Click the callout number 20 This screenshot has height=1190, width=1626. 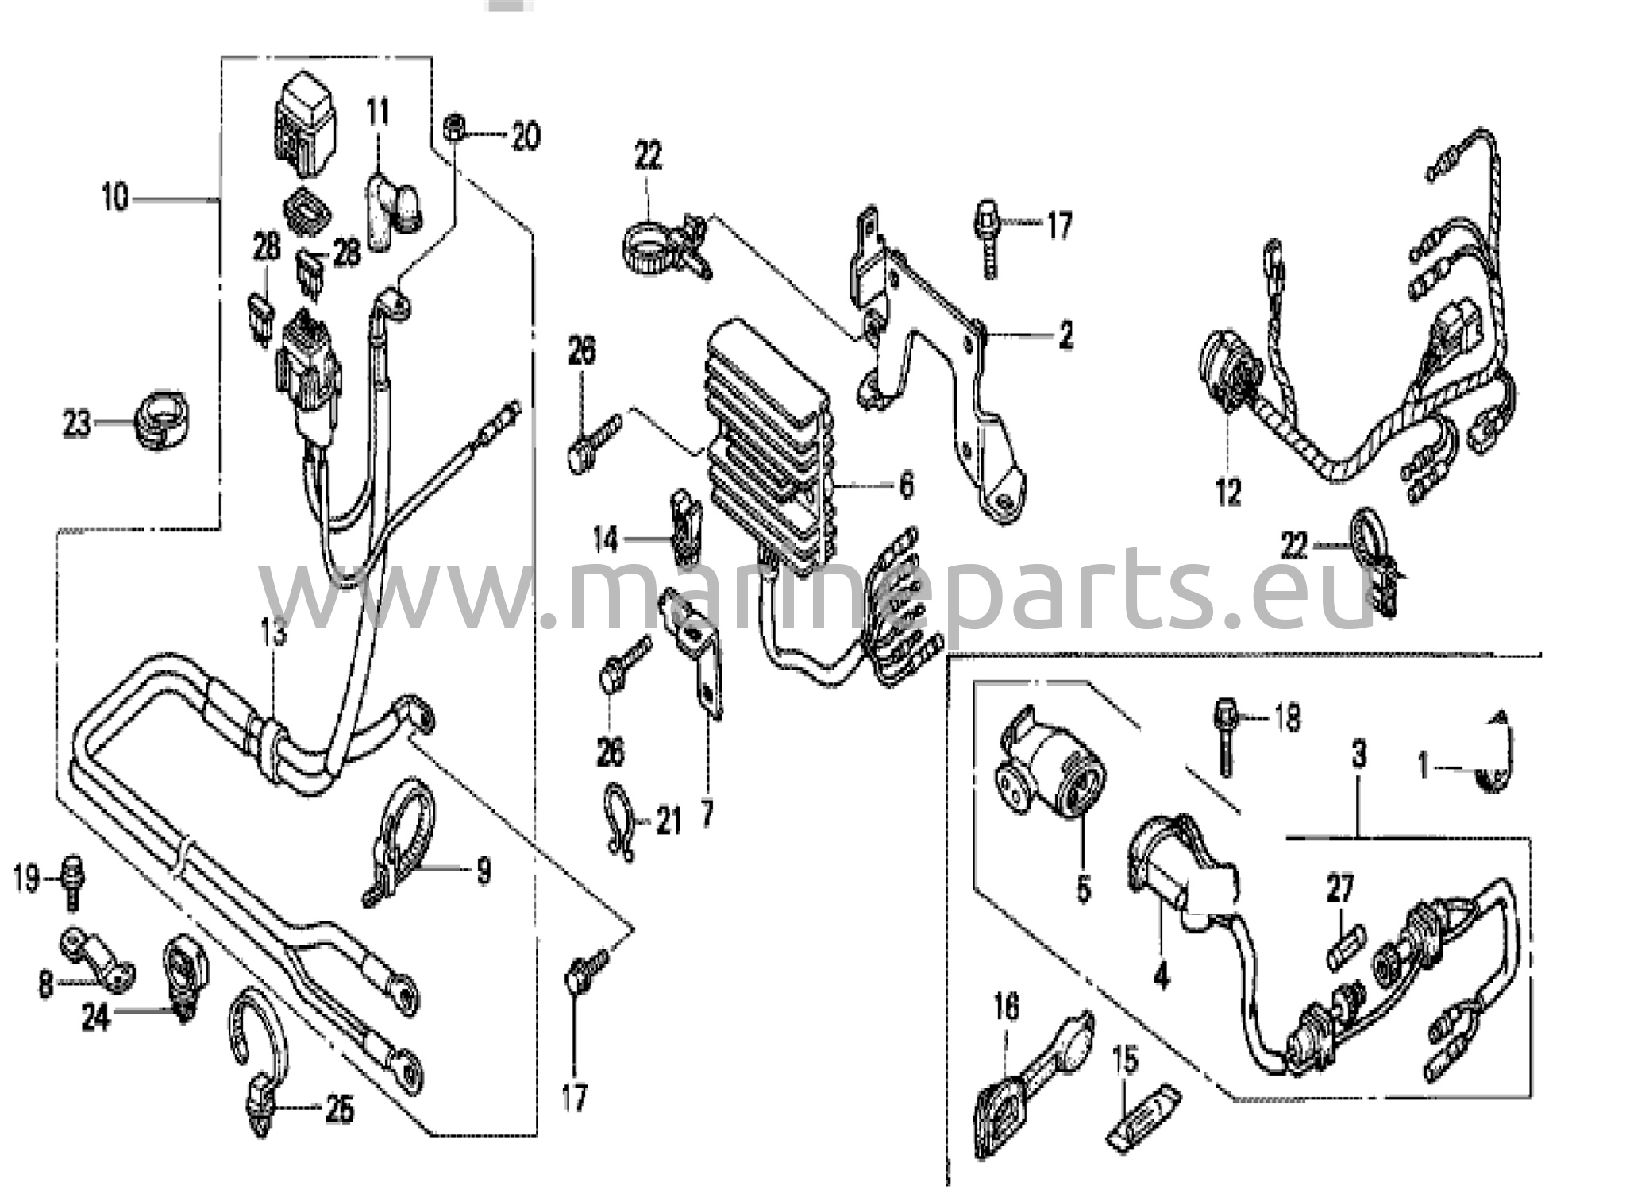pyautogui.click(x=525, y=136)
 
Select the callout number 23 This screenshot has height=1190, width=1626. pyautogui.click(x=77, y=423)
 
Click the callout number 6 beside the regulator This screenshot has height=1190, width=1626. pyautogui.click(x=906, y=485)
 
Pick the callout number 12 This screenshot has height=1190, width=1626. pyautogui.click(x=1228, y=493)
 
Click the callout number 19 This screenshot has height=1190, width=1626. pyautogui.click(x=26, y=879)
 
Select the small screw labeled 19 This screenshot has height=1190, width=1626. pyautogui.click(x=72, y=879)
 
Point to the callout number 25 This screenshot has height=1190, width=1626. pyautogui.click(x=340, y=1110)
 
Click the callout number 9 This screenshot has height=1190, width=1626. pyautogui.click(x=484, y=871)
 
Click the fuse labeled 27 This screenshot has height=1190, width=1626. pyautogui.click(x=1346, y=948)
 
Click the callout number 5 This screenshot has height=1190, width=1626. pyautogui.click(x=1084, y=887)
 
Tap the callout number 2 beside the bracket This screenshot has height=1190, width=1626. pyautogui.click(x=1065, y=334)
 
